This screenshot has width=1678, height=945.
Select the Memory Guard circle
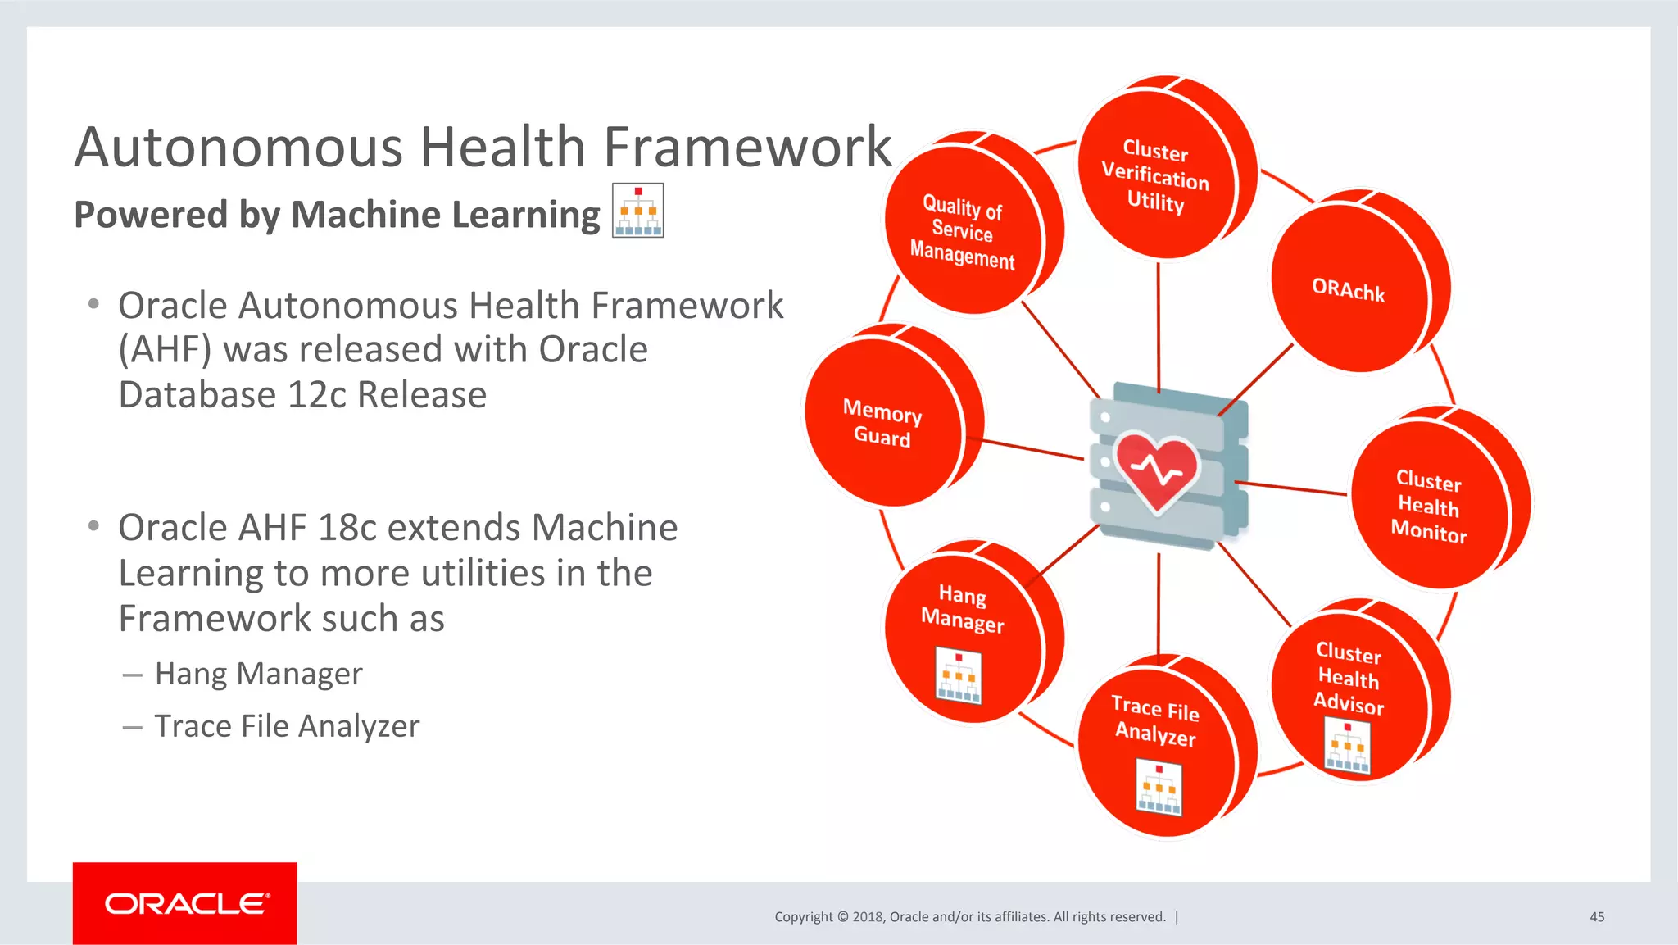click(x=883, y=422)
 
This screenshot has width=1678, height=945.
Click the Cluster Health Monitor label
click(x=1429, y=506)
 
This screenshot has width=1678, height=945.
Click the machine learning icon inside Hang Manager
click(x=959, y=677)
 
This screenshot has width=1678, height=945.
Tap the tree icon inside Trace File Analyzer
click(x=1159, y=788)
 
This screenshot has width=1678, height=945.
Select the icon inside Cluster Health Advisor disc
click(x=1347, y=747)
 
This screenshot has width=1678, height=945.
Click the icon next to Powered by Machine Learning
click(x=637, y=211)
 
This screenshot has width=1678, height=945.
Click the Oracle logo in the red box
click(x=186, y=903)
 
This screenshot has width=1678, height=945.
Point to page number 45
click(x=1597, y=916)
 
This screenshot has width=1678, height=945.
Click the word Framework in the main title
click(x=747, y=148)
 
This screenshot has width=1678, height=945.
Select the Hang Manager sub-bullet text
click(x=259, y=674)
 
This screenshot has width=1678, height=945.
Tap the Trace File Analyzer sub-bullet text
click(x=287, y=726)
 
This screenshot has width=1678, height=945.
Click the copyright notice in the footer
click(x=970, y=916)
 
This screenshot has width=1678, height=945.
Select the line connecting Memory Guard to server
click(x=1032, y=449)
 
